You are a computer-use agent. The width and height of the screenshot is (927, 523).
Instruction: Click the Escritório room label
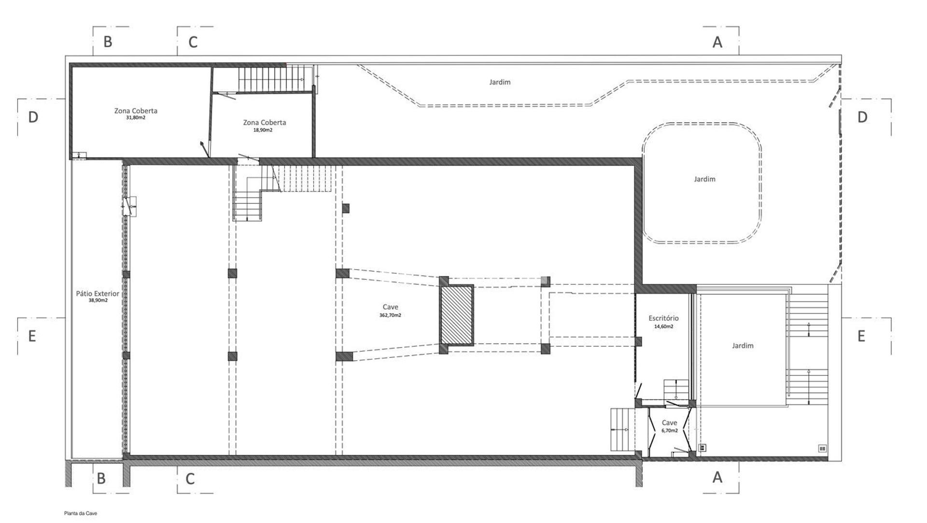click(x=663, y=318)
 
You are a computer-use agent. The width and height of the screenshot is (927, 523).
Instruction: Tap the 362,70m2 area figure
click(x=390, y=315)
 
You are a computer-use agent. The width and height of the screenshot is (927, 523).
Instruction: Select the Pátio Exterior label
click(x=98, y=293)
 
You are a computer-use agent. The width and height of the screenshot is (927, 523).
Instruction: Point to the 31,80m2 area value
click(x=136, y=117)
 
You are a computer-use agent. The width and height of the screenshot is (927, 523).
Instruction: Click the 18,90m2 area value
click(x=263, y=130)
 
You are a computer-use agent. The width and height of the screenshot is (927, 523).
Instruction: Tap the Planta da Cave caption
click(x=81, y=513)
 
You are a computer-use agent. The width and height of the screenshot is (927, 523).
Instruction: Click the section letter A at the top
click(x=717, y=43)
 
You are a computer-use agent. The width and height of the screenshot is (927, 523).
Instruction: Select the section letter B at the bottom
click(x=101, y=479)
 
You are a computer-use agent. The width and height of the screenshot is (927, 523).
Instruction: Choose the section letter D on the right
click(x=862, y=117)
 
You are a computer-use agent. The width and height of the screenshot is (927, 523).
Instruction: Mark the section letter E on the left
click(x=32, y=336)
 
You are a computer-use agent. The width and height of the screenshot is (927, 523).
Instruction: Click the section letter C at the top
click(x=193, y=43)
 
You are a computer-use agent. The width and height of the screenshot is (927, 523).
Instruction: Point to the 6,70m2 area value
click(x=670, y=430)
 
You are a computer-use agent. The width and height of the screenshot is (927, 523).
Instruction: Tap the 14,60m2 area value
click(x=663, y=326)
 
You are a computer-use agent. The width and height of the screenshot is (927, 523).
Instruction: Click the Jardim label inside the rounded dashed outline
click(x=704, y=179)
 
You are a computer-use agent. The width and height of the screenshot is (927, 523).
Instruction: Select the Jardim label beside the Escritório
click(x=742, y=346)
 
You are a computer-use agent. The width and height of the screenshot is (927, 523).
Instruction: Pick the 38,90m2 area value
click(x=98, y=300)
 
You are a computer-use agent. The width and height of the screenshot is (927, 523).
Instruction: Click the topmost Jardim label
click(x=500, y=82)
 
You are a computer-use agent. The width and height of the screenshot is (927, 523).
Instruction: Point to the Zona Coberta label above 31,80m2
click(x=136, y=111)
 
